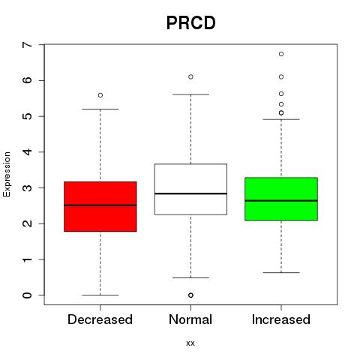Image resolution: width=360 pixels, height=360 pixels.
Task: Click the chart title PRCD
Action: (x=190, y=22)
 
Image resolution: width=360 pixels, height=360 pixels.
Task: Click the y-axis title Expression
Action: (x=7, y=174)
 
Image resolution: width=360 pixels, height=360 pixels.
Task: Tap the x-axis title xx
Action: (x=190, y=343)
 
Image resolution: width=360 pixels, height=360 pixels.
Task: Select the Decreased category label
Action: (x=100, y=319)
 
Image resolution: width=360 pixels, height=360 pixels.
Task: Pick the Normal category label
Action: (x=190, y=319)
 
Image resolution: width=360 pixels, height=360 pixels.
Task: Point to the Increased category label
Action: (x=281, y=319)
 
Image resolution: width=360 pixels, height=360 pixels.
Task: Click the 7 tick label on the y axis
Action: (x=28, y=45)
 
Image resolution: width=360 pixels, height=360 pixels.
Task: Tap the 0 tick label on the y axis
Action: (x=28, y=295)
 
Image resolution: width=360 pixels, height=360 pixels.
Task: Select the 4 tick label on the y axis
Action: (x=28, y=152)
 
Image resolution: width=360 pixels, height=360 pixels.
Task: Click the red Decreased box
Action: (x=100, y=206)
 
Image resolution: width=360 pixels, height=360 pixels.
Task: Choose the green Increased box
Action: (x=281, y=199)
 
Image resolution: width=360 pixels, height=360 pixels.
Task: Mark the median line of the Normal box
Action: (x=190, y=193)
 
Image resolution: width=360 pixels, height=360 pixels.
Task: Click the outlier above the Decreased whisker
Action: (x=100, y=95)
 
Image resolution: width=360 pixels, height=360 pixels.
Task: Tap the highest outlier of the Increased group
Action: (x=281, y=54)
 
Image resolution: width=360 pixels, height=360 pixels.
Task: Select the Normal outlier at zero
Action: (x=190, y=295)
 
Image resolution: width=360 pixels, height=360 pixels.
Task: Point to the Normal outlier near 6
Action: (x=190, y=76)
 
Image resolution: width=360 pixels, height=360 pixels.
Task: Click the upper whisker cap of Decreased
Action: (x=100, y=109)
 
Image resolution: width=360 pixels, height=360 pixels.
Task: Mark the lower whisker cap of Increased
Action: (x=281, y=272)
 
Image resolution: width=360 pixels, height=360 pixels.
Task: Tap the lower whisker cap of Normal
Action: (x=190, y=277)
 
